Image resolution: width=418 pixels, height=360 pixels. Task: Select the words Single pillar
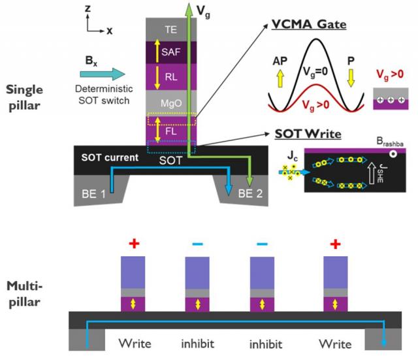click(30, 94)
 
